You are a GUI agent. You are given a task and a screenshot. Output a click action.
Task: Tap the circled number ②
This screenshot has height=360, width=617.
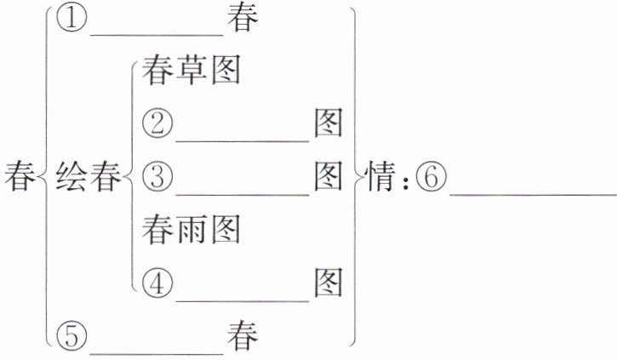(157, 124)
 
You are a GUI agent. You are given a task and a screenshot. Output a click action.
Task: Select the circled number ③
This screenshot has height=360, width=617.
(157, 177)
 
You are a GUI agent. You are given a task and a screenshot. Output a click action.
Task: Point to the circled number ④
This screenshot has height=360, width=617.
(157, 282)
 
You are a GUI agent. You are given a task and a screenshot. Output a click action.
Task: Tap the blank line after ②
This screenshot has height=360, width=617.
(241, 139)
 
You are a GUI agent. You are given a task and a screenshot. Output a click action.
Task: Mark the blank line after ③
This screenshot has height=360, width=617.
(241, 191)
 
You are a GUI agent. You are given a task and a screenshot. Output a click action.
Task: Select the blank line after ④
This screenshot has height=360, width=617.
(241, 297)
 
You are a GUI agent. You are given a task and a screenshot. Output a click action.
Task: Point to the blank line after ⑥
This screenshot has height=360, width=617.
(532, 191)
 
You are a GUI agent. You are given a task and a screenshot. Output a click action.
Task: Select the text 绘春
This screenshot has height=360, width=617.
(88, 178)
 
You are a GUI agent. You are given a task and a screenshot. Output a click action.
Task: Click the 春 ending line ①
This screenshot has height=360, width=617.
(243, 20)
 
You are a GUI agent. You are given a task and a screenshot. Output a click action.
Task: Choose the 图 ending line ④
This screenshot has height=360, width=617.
(328, 282)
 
